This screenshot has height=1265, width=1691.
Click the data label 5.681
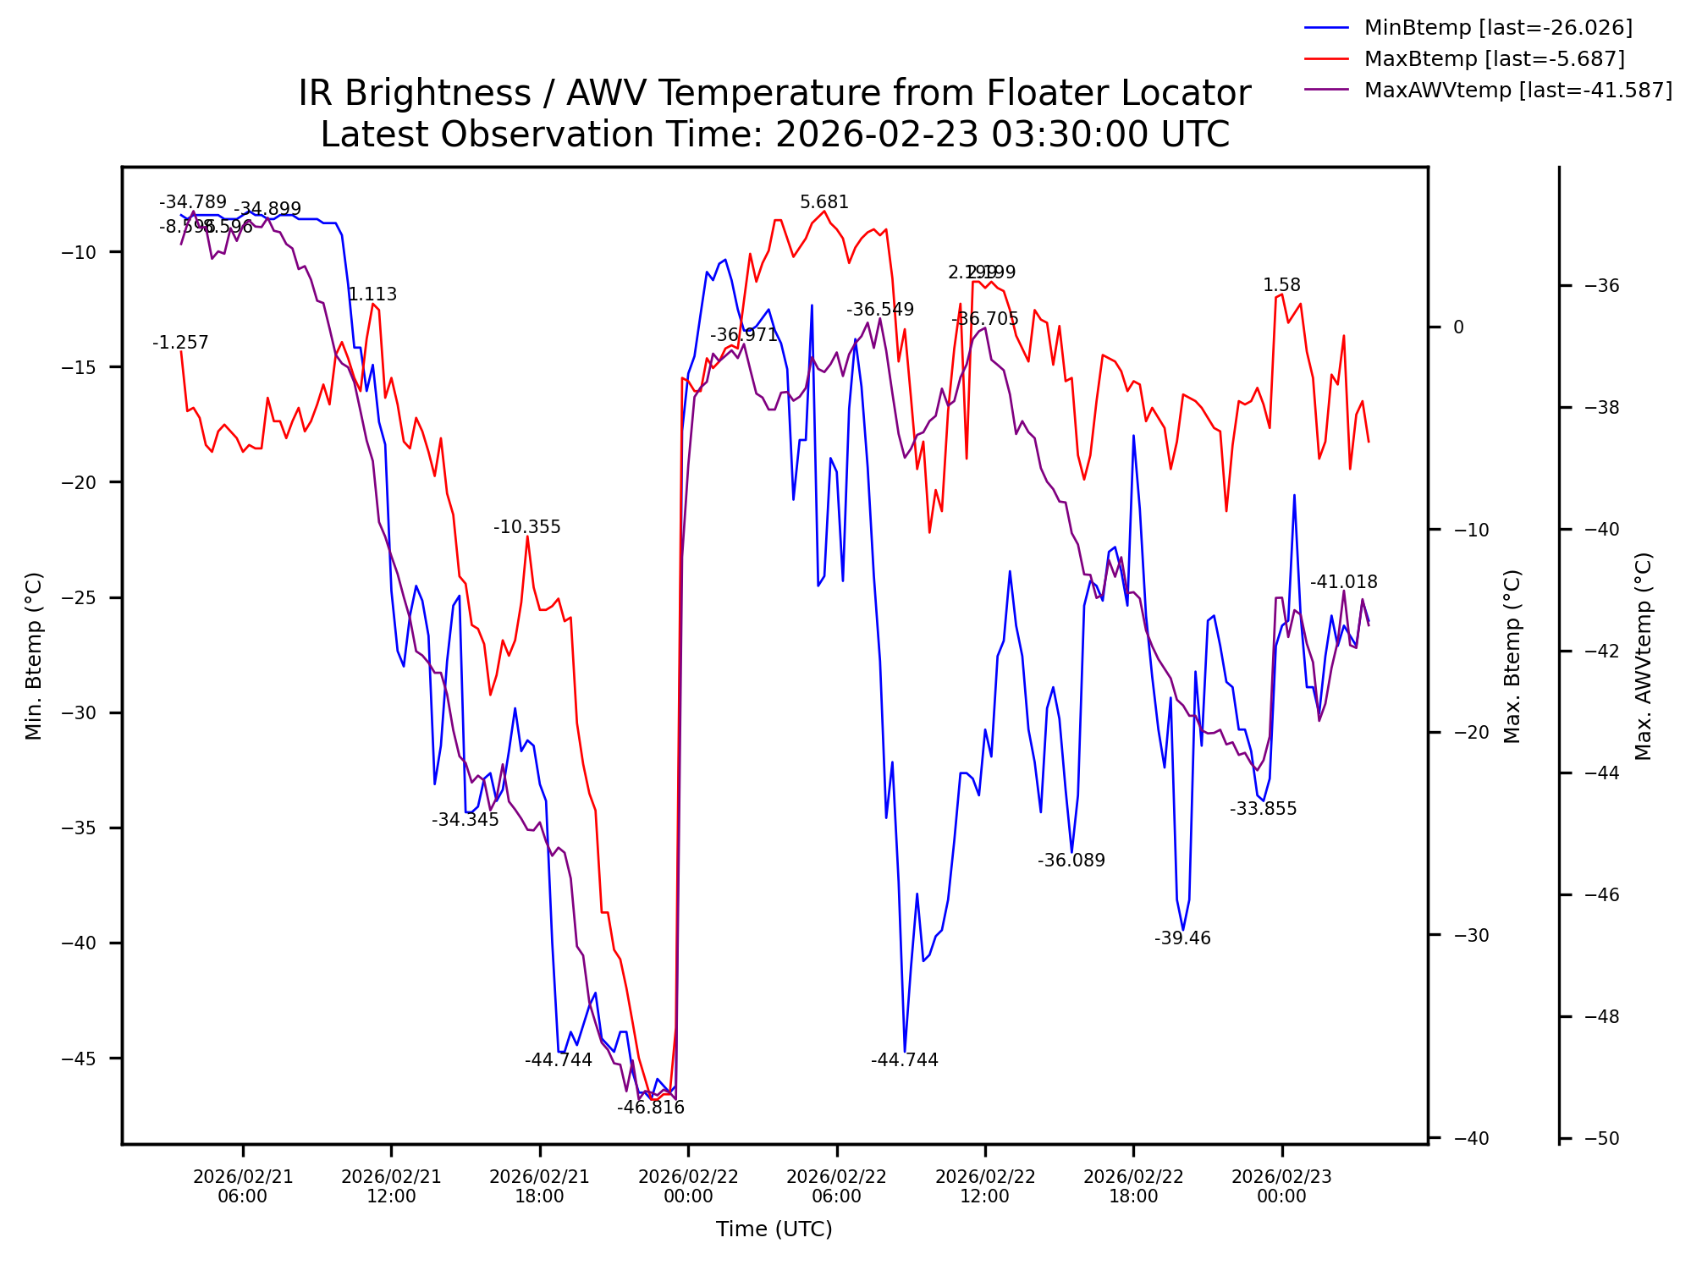click(x=823, y=202)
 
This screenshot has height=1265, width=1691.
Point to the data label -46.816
click(x=650, y=1108)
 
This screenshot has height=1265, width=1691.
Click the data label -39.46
click(x=1182, y=938)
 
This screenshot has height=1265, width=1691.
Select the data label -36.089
click(x=1071, y=861)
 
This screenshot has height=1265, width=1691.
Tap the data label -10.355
click(x=526, y=528)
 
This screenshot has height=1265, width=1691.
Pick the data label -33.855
click(x=1263, y=809)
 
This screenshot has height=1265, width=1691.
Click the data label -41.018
click(x=1343, y=582)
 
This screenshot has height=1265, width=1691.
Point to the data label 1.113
click(x=372, y=294)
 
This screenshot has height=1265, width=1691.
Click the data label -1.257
click(x=180, y=343)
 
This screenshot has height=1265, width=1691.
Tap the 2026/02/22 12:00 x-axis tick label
click(x=984, y=1186)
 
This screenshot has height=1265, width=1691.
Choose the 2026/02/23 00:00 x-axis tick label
click(x=1281, y=1186)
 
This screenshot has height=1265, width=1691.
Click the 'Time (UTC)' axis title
click(x=774, y=1229)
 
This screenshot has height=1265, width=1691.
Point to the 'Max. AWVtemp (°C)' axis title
click(x=1643, y=656)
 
